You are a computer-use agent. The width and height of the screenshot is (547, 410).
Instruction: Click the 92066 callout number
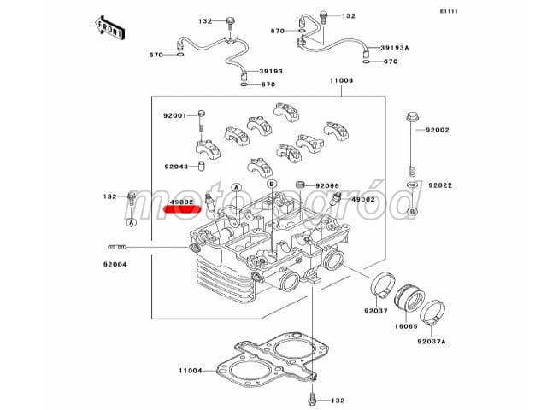[x=327, y=185]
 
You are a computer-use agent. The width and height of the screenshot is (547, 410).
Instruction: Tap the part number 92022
[x=441, y=184]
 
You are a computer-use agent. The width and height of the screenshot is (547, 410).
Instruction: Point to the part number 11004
[x=190, y=370]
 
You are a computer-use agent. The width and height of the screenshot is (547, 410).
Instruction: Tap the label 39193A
[x=395, y=49]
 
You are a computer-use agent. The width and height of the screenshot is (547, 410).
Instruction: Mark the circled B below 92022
[x=412, y=210]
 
